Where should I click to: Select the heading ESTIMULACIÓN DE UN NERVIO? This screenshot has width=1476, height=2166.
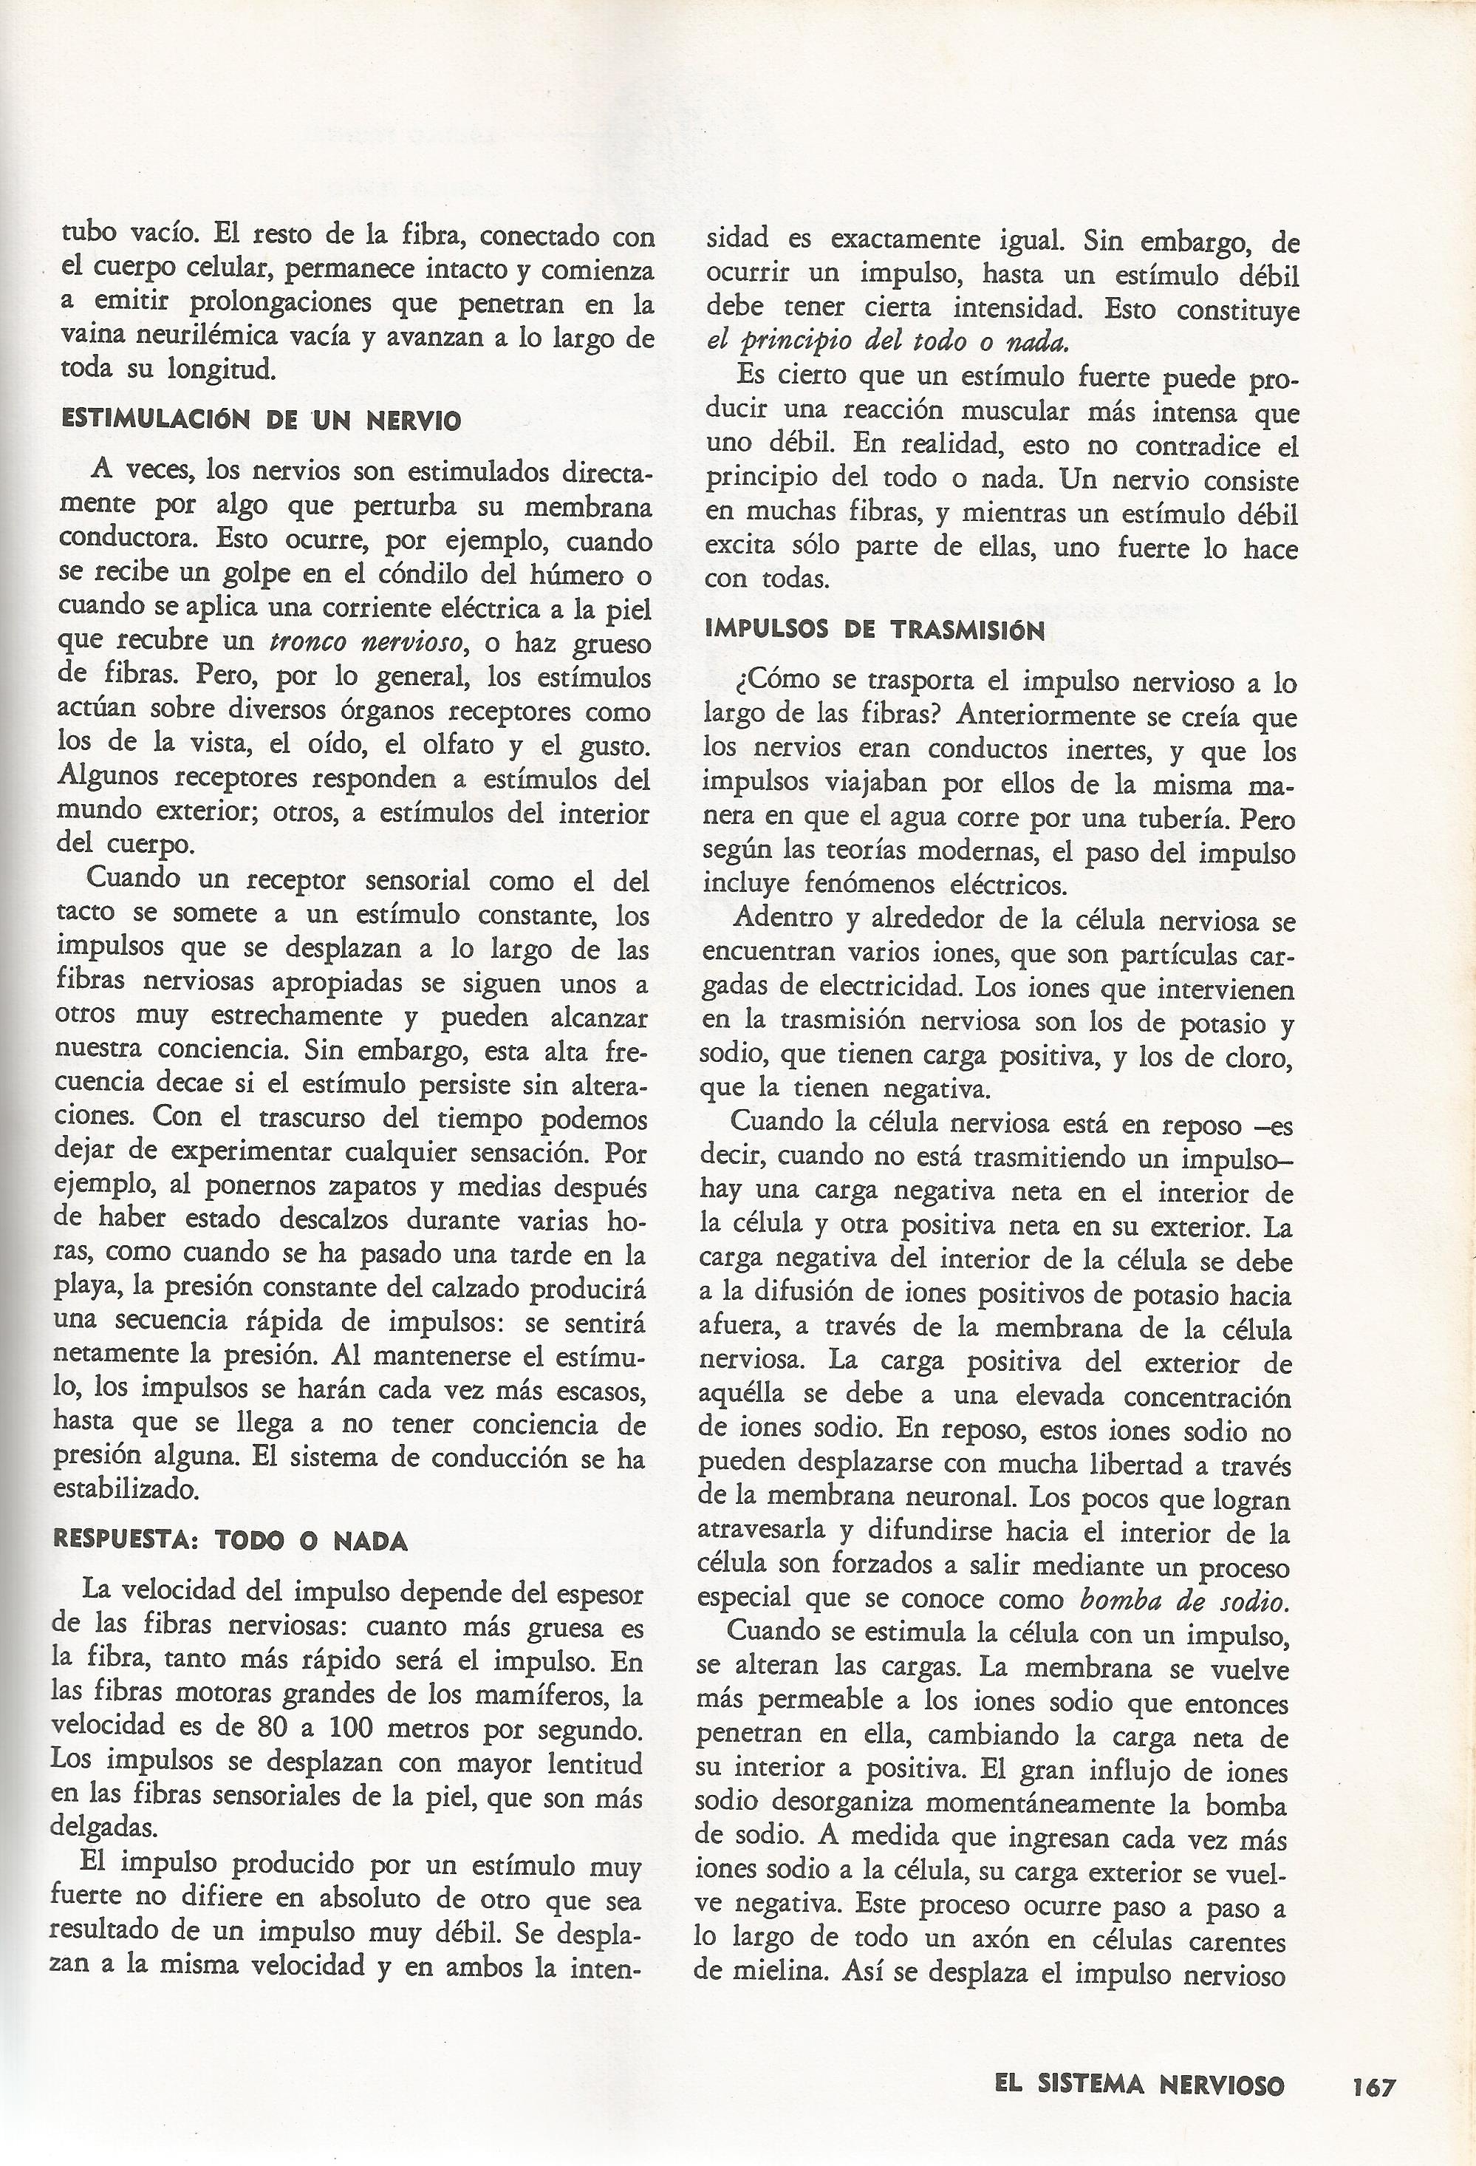click(261, 420)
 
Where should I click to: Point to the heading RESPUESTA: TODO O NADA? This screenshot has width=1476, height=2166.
click(231, 1539)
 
